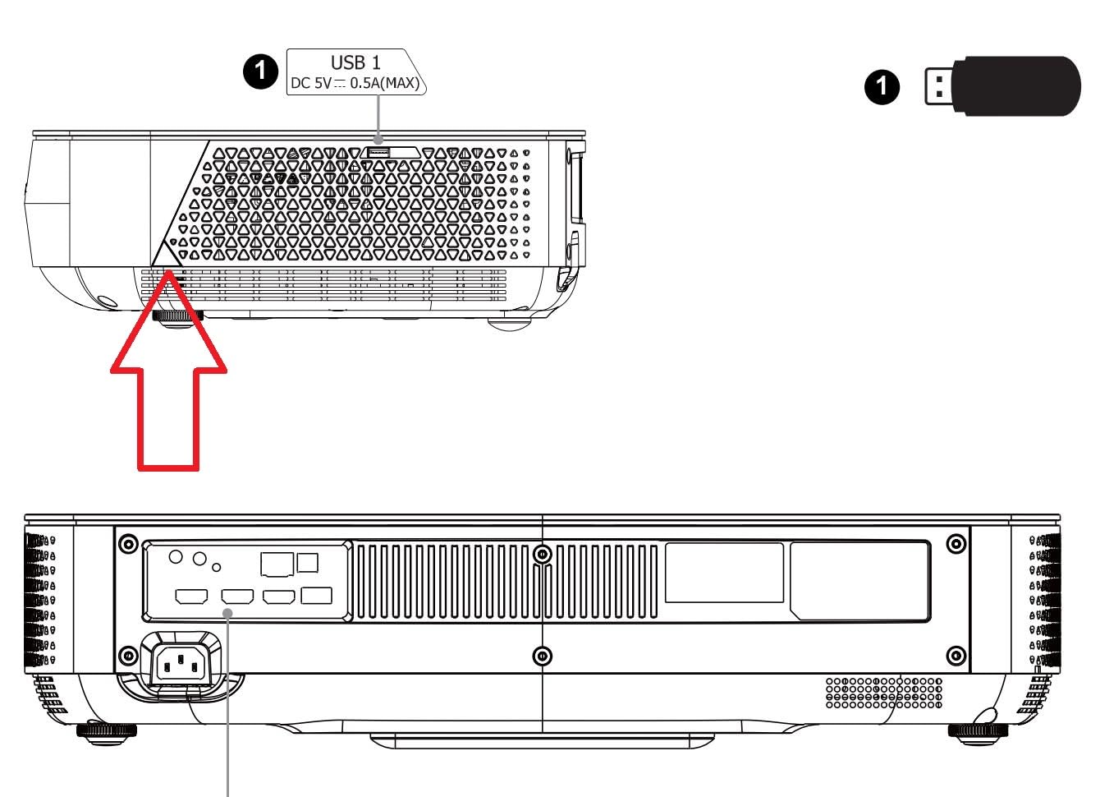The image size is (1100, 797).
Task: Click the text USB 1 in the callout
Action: click(355, 62)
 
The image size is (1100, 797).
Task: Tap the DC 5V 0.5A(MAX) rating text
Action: click(355, 83)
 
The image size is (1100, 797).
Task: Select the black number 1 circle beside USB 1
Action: click(260, 71)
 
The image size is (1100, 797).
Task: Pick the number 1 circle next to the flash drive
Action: click(882, 87)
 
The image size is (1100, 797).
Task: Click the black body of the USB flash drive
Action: click(1015, 86)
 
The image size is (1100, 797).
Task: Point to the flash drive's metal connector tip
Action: click(938, 86)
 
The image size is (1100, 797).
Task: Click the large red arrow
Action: click(168, 370)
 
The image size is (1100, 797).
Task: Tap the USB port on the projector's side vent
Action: click(379, 153)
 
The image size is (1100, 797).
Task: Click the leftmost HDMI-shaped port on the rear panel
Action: click(191, 597)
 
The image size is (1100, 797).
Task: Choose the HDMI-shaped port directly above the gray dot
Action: click(237, 597)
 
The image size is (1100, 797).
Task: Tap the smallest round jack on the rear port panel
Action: click(216, 568)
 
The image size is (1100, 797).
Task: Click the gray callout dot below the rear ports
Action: click(228, 613)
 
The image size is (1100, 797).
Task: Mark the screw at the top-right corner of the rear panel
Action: click(956, 544)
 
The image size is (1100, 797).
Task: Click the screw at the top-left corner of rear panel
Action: click(128, 544)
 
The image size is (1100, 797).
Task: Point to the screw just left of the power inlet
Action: click(128, 656)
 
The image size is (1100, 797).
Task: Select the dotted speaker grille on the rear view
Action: click(884, 693)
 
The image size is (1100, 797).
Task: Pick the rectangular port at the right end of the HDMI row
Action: click(316, 596)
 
